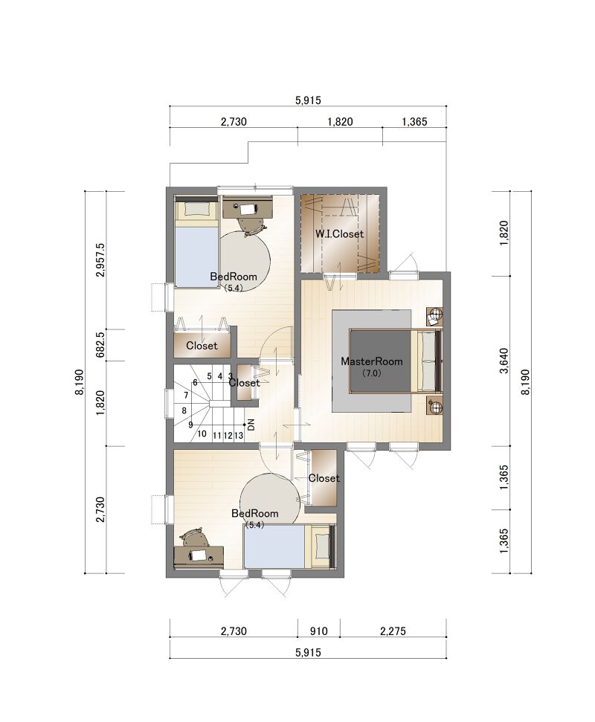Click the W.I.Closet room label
[339, 234]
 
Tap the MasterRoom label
[372, 361]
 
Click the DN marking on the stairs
[251, 425]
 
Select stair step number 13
[239, 435]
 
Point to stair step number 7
[186, 395]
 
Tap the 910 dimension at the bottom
[318, 631]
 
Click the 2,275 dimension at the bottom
[393, 631]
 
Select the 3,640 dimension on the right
[504, 361]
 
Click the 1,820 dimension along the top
[340, 121]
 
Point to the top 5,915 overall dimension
[308, 100]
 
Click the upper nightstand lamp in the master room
[434, 315]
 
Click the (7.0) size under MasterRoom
[371, 373]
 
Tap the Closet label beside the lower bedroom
[324, 478]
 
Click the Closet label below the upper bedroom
[202, 345]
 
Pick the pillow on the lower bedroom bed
[323, 546]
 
